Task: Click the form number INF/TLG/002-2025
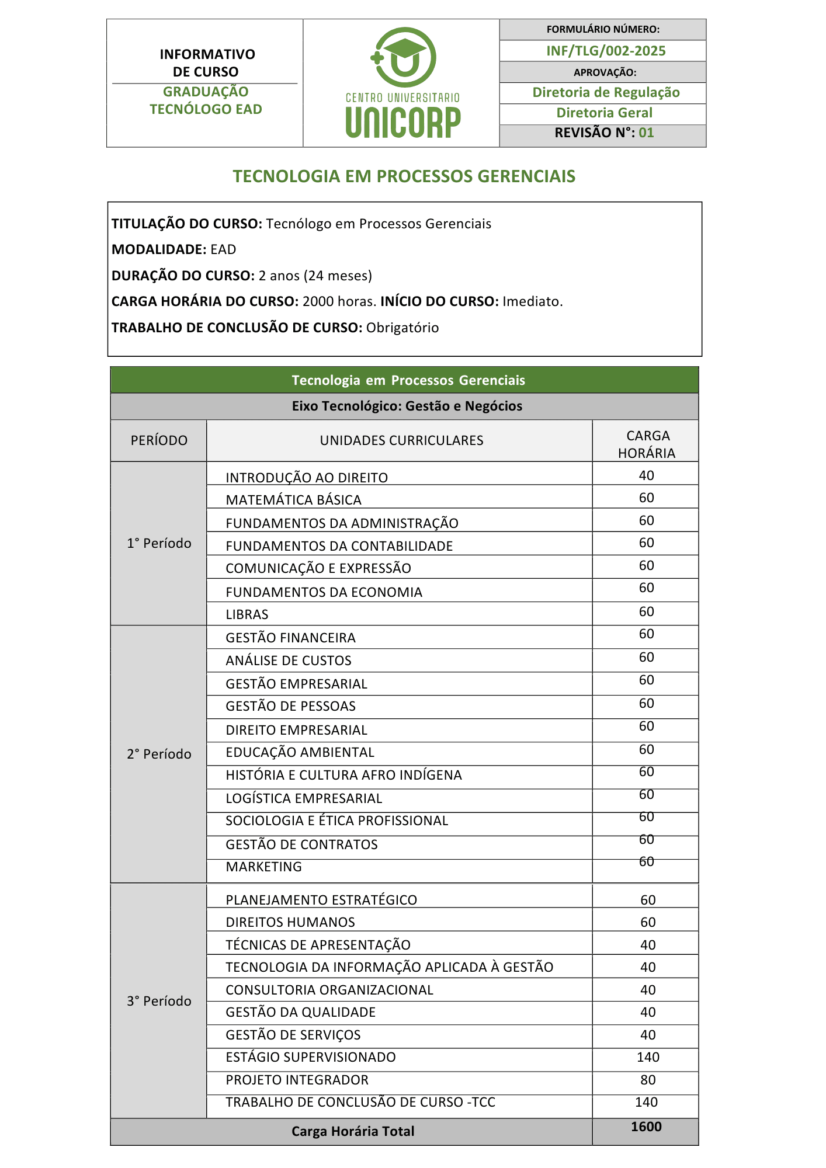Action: [x=606, y=51]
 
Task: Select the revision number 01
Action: [x=646, y=133]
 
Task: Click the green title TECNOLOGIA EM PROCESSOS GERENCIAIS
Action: [x=404, y=176]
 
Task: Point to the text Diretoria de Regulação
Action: [x=606, y=92]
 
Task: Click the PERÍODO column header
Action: [x=159, y=440]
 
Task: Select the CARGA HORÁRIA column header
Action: [x=647, y=444]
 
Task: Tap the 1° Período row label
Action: [x=159, y=544]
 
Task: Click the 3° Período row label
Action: [x=159, y=1001]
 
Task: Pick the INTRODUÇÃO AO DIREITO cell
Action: [x=307, y=478]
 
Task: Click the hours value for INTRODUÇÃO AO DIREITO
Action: [x=646, y=475]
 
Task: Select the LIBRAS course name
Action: [x=247, y=614]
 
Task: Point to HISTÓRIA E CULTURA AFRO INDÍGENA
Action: [x=343, y=775]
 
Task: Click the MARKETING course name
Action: [x=264, y=867]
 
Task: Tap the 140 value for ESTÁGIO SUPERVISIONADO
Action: [x=648, y=1057]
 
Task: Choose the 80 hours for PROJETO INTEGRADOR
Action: [x=648, y=1080]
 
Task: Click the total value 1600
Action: [x=646, y=1127]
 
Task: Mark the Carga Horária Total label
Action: [x=353, y=1131]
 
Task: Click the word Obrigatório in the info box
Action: [x=402, y=328]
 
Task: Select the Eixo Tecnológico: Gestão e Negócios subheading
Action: [x=407, y=406]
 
